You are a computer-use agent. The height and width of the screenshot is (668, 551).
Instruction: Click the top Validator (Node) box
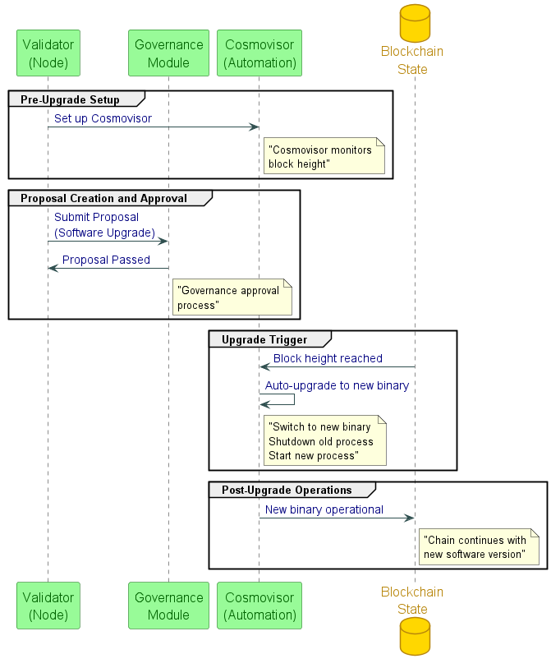click(48, 53)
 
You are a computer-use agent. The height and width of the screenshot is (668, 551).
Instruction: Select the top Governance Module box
click(168, 53)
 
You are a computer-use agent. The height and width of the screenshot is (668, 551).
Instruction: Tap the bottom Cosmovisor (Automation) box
click(259, 606)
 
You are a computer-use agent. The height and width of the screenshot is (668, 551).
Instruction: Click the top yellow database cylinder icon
click(415, 22)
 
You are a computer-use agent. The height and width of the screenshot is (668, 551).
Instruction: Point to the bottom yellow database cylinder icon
click(415, 637)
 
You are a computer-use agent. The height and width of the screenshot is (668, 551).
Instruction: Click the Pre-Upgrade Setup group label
click(71, 99)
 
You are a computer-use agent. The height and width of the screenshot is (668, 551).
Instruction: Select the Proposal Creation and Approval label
click(104, 198)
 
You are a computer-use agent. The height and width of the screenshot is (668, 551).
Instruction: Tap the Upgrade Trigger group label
click(264, 339)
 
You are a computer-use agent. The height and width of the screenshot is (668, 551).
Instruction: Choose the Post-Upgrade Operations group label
click(287, 490)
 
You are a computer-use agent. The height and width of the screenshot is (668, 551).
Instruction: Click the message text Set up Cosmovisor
click(103, 118)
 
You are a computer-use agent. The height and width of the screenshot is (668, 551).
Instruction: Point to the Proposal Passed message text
click(106, 260)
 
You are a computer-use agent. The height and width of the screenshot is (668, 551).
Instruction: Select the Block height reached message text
click(328, 358)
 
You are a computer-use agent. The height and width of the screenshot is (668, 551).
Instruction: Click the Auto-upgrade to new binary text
click(337, 385)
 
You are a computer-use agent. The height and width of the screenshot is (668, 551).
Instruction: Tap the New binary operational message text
click(324, 509)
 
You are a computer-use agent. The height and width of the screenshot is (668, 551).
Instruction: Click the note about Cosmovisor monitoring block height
click(324, 157)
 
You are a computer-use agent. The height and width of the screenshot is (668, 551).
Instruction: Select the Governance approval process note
click(233, 297)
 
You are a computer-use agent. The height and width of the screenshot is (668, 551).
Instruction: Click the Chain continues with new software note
click(480, 547)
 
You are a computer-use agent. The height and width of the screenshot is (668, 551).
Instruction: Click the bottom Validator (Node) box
click(48, 606)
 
